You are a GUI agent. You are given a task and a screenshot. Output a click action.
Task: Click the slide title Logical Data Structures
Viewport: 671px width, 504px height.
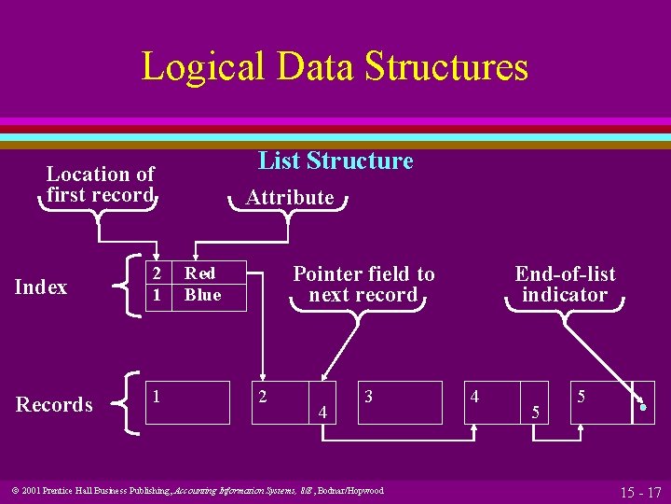[335, 67]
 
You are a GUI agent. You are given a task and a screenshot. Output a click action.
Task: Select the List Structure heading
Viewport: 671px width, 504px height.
[335, 161]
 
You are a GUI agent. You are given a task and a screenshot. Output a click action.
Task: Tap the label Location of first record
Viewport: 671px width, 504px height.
[101, 184]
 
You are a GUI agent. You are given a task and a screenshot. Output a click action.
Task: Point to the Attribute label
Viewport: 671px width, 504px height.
[289, 197]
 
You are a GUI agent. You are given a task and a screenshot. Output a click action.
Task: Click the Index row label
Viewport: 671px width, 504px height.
[41, 287]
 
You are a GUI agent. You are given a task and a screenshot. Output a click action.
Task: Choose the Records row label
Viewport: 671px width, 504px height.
[54, 405]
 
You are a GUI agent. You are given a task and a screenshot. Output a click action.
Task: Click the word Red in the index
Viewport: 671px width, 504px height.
[200, 273]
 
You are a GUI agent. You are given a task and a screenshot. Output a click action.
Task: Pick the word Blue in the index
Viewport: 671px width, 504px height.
[202, 295]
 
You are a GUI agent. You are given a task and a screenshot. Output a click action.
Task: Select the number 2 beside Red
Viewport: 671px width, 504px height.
[157, 273]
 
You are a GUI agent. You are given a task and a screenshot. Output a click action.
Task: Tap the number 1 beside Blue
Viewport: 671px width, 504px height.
[157, 295]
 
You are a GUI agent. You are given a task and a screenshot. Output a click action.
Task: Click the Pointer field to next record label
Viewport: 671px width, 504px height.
[363, 284]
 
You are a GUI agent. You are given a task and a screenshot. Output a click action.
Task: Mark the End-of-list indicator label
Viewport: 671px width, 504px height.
[565, 284]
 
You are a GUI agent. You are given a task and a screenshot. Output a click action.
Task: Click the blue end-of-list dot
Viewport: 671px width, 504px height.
[643, 408]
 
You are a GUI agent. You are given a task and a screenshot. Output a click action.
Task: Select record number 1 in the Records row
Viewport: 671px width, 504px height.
[157, 396]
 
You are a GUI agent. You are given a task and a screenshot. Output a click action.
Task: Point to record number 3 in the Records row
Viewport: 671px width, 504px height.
[369, 397]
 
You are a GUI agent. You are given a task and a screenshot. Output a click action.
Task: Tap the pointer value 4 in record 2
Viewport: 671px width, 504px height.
[322, 411]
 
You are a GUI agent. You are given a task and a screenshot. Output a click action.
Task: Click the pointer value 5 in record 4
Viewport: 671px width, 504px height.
[535, 411]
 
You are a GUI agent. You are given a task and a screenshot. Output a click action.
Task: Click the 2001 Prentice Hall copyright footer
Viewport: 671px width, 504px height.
[197, 490]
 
